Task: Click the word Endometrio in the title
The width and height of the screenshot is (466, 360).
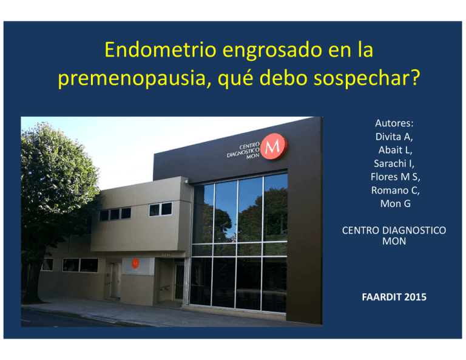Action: [160, 50]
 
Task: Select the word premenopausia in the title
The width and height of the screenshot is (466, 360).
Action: [134, 78]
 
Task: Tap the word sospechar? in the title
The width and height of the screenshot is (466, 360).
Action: [367, 78]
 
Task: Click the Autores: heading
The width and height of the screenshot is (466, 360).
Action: [394, 123]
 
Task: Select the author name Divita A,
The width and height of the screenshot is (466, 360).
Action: [394, 137]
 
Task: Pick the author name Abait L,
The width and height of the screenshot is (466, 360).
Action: [395, 150]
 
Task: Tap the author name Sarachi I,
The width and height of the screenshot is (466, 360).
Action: [394, 163]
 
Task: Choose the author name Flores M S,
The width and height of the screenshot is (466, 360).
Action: [395, 177]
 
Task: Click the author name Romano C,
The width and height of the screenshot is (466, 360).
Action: [395, 190]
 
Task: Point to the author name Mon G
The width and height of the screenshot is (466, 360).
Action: [395, 203]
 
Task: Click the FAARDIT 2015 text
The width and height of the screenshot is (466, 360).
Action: [394, 297]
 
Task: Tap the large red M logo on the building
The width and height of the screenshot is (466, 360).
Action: [274, 146]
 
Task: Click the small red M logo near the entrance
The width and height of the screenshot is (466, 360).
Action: [135, 263]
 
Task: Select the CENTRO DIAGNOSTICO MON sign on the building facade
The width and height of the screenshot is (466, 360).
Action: [243, 151]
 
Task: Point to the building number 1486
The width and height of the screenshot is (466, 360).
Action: [167, 255]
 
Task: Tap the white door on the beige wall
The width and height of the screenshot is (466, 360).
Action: [115, 280]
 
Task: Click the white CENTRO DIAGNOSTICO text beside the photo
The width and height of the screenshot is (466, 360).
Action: [394, 231]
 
